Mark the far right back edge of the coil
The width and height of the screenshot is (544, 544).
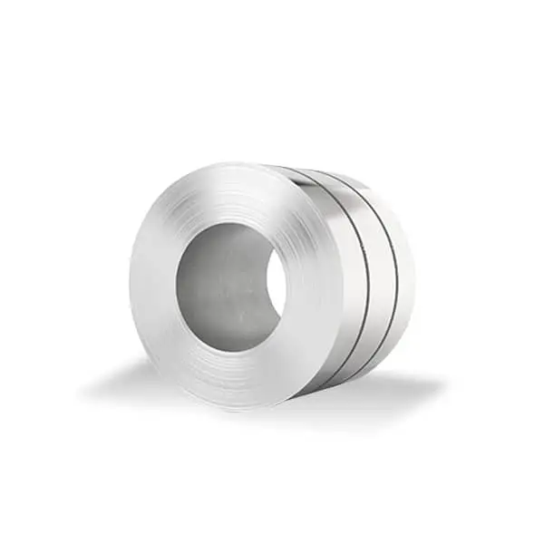point(416,272)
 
